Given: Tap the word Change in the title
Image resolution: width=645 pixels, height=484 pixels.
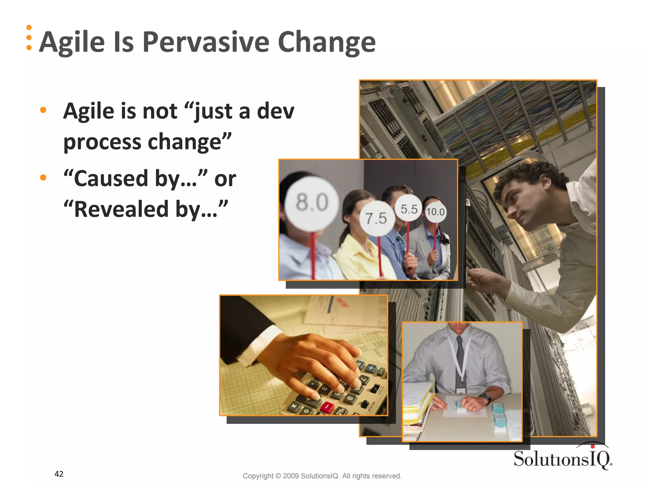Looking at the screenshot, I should (x=327, y=43).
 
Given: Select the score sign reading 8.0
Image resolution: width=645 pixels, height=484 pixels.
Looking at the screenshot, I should (x=312, y=203).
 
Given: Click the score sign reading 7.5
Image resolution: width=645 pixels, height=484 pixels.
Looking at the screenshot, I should (x=376, y=218).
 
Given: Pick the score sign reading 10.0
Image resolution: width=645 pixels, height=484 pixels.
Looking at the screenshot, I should (x=436, y=212).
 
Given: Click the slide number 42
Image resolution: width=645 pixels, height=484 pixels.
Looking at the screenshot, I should (x=59, y=474).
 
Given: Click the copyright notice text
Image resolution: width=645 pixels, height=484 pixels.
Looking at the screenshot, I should (x=322, y=476).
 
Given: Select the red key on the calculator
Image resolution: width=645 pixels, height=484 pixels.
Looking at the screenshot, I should (x=327, y=407).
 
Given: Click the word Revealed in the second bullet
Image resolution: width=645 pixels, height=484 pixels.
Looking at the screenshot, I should (x=121, y=209).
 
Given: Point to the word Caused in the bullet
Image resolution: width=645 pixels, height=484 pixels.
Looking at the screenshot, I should (x=111, y=178).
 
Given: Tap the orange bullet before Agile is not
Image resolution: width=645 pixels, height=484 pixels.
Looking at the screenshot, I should (x=43, y=110).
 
